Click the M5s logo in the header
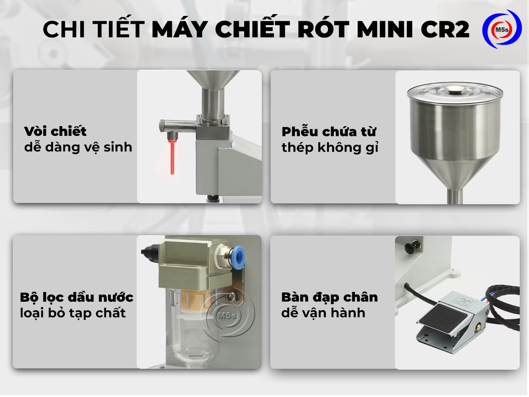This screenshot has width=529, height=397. (502, 29)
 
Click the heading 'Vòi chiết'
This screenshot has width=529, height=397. (56, 131)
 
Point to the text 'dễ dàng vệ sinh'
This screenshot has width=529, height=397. (78, 147)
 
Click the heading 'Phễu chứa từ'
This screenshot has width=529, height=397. (329, 132)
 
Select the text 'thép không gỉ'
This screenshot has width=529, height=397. (330, 147)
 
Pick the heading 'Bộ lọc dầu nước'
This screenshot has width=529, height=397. (77, 297)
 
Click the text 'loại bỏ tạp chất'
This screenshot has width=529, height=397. (73, 313)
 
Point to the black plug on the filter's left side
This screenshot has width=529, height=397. (149, 252)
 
